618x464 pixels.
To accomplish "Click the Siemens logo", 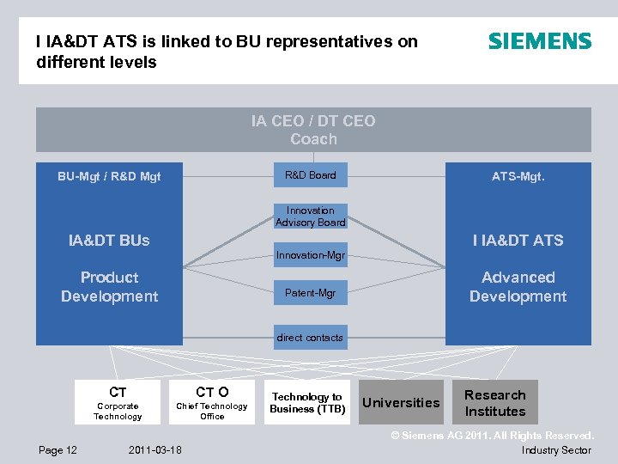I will [x=540, y=40].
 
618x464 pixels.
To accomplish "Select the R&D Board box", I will [x=311, y=175].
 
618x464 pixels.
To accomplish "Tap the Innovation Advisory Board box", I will [x=311, y=217].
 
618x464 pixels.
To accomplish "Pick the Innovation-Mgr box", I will [x=311, y=255].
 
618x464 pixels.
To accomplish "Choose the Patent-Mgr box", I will [x=311, y=294].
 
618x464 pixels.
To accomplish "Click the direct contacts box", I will [x=310, y=338].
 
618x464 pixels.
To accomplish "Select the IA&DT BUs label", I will [x=109, y=241].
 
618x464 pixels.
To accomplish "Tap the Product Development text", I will [x=109, y=287].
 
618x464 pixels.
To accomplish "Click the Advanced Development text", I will [x=518, y=287].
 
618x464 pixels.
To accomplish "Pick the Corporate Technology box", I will [x=118, y=402].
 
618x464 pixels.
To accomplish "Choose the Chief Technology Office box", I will [x=212, y=402].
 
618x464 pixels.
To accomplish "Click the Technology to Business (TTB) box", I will [x=306, y=402].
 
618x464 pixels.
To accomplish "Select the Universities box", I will [x=401, y=402].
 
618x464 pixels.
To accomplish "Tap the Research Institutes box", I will [x=495, y=402].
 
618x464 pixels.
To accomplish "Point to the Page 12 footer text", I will [x=58, y=450].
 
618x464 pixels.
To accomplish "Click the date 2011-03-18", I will [x=155, y=450].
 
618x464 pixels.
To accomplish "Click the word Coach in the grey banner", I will [x=313, y=139].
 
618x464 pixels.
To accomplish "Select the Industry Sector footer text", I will [x=556, y=450].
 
